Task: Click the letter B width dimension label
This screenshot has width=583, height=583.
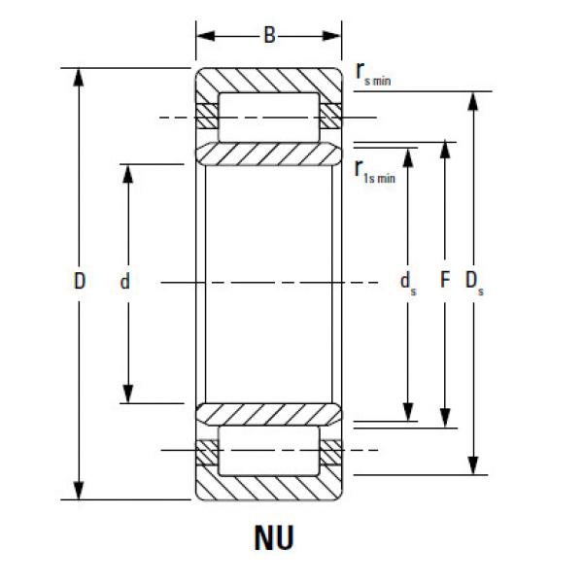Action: click(269, 37)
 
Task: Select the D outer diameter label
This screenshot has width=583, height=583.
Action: click(80, 282)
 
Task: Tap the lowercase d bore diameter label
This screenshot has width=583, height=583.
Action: click(125, 283)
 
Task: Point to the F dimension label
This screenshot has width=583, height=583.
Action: click(445, 282)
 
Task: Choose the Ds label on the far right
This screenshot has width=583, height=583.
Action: click(474, 282)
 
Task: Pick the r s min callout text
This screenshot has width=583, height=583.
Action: click(373, 75)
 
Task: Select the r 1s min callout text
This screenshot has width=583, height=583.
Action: click(374, 171)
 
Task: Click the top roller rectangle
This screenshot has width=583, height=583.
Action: click(269, 118)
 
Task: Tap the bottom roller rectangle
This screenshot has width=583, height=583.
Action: click(269, 450)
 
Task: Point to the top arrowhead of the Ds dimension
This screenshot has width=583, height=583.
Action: click(473, 99)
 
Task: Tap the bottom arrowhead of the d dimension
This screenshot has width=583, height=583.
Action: click(126, 395)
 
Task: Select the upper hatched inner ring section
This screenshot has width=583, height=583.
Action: click(269, 154)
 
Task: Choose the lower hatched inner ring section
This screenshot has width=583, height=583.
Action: click(269, 413)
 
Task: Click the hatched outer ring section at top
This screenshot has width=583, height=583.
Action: click(269, 80)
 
